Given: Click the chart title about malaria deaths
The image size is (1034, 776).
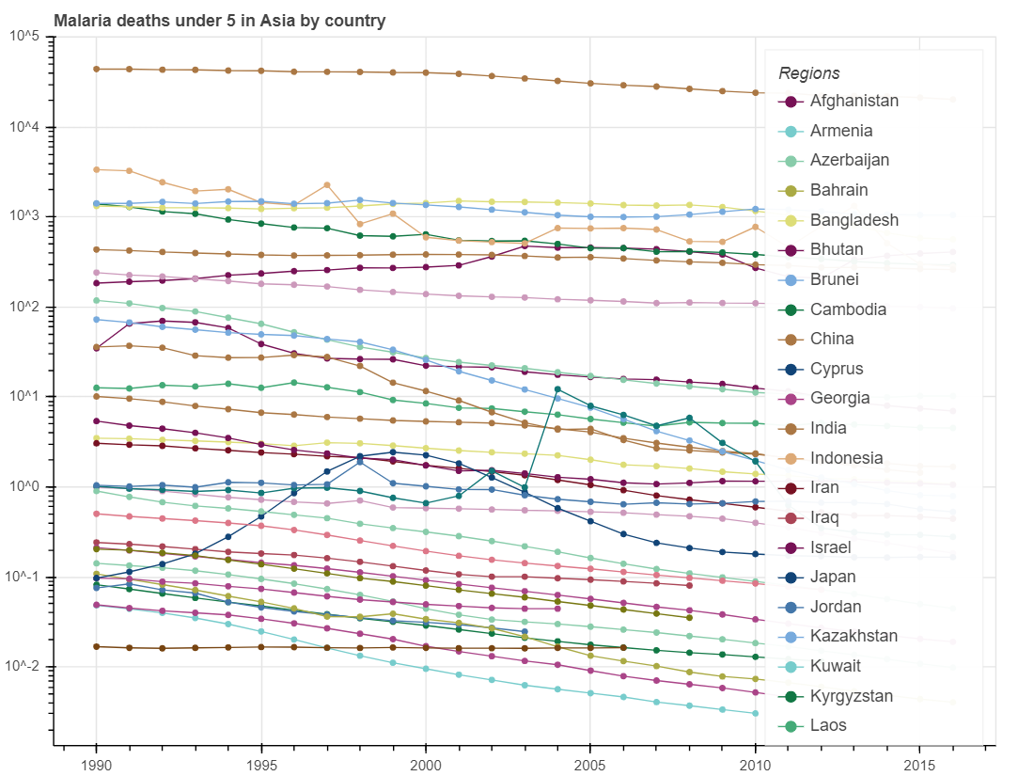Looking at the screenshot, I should [x=219, y=21].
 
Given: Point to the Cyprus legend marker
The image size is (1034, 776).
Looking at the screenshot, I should [x=791, y=369].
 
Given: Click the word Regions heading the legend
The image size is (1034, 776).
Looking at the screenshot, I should [x=809, y=73].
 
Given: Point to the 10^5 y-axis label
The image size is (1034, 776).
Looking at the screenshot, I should [x=23, y=37].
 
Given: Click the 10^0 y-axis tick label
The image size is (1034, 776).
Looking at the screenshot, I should [x=23, y=487].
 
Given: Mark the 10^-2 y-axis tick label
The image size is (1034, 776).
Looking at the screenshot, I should [x=23, y=667].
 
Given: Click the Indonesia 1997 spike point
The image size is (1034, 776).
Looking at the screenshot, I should [x=327, y=184].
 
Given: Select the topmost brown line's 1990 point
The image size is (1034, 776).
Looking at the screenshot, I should [x=96, y=69].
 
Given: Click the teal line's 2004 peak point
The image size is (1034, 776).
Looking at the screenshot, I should [x=558, y=388].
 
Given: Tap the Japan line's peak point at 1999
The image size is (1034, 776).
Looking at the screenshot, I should [x=393, y=452].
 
